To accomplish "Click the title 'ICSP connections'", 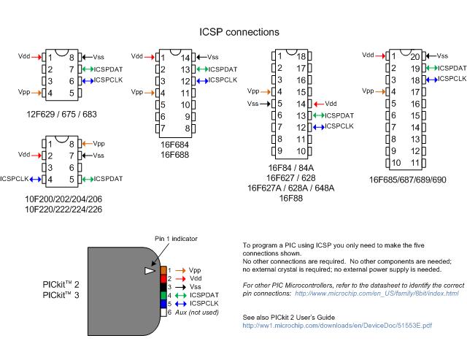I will click(239, 32).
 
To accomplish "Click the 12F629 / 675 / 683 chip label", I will click(61, 114).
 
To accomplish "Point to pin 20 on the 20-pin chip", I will click(416, 56).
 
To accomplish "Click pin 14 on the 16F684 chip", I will click(185, 57).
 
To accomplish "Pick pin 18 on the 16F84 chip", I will click(300, 56).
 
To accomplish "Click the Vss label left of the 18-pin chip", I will click(252, 103).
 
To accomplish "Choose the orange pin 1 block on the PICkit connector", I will click(164, 270).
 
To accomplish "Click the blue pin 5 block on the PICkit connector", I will click(164, 303).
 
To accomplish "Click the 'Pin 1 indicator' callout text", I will click(175, 239).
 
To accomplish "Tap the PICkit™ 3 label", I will click(62, 294).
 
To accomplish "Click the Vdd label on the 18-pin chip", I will click(331, 103).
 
